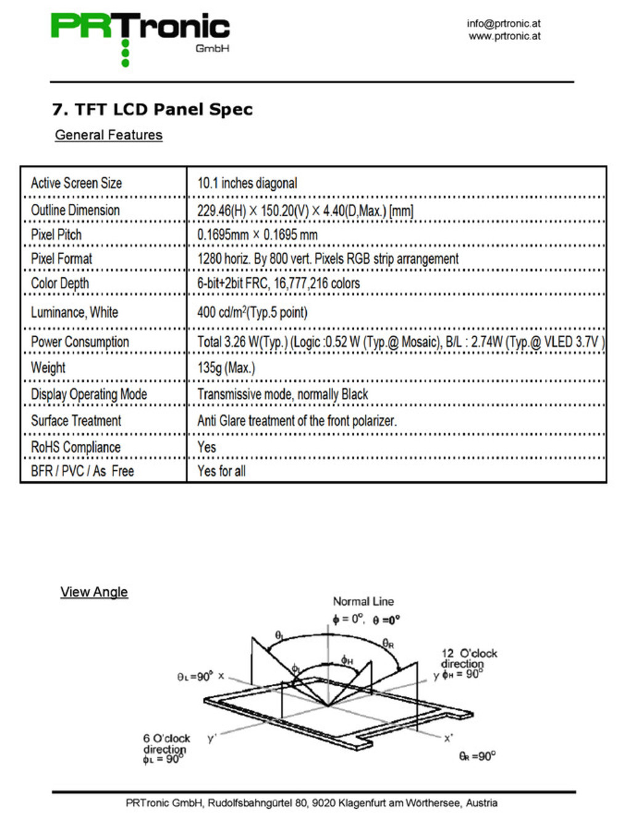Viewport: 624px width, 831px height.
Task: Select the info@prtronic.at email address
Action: [x=503, y=23]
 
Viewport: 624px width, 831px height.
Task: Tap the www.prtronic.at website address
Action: [x=504, y=36]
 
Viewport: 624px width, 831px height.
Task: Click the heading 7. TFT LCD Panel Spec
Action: [x=152, y=110]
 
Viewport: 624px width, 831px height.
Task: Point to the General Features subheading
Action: [x=108, y=135]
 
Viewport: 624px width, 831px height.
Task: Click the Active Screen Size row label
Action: [x=76, y=183]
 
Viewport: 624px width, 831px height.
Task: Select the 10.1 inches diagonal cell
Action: [x=247, y=183]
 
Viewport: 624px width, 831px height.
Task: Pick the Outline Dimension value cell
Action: [x=305, y=211]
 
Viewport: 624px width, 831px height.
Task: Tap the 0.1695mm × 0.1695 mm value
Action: [x=257, y=235]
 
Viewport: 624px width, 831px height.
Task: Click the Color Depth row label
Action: [x=60, y=283]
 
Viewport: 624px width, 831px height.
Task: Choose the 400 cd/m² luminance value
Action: [x=252, y=312]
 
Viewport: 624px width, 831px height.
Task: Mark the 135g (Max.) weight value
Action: [x=226, y=367]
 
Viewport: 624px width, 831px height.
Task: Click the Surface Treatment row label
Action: [x=76, y=420]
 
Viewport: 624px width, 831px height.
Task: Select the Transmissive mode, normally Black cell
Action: [x=282, y=394]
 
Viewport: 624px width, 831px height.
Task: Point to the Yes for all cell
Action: [x=221, y=471]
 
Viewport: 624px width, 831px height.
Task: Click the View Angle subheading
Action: [x=94, y=592]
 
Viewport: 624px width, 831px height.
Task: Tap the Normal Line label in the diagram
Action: [x=363, y=601]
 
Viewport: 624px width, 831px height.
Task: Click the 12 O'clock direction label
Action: [x=469, y=659]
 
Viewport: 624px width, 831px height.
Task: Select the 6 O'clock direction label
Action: [x=166, y=744]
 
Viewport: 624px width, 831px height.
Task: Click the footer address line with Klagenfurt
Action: [x=312, y=803]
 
